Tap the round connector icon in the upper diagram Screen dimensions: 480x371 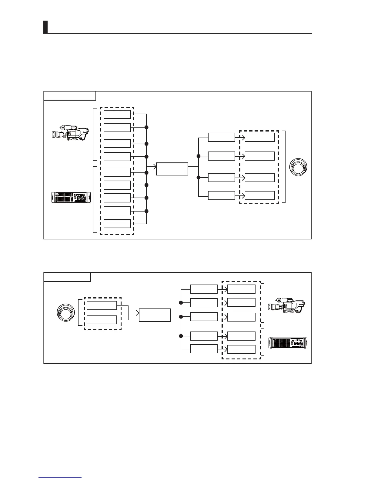298,167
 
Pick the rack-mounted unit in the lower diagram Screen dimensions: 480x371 288,343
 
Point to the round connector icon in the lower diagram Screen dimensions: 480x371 66,313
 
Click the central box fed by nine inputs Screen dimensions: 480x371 172,169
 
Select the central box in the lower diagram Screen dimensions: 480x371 155,315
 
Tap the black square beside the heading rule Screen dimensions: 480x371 45,27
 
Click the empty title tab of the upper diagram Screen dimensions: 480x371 70,96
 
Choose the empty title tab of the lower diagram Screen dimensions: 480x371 67,277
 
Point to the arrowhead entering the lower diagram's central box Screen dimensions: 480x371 137,313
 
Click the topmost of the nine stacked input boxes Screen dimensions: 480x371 117,114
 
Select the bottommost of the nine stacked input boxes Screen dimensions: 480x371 117,224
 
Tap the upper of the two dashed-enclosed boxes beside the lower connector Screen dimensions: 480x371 102,305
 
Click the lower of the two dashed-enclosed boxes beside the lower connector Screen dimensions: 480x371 102,320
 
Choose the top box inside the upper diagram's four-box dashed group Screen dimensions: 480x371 260,137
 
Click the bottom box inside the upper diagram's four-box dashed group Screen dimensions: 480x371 260,195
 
